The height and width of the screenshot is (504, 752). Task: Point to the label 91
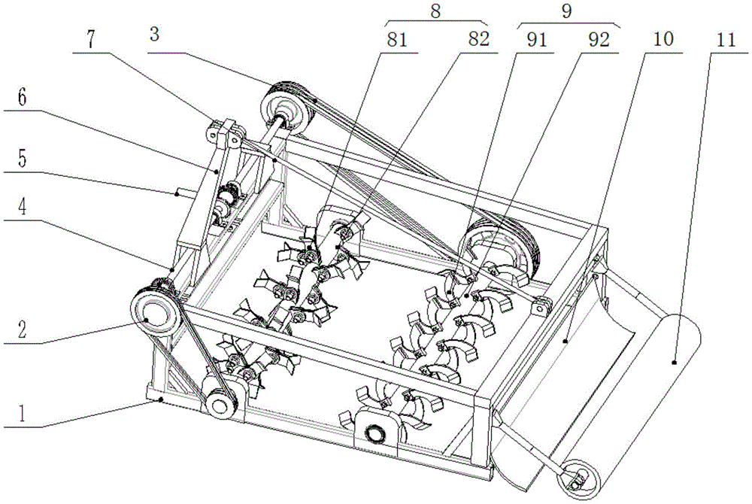[536, 41]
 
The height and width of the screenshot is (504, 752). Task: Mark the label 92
[599, 41]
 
